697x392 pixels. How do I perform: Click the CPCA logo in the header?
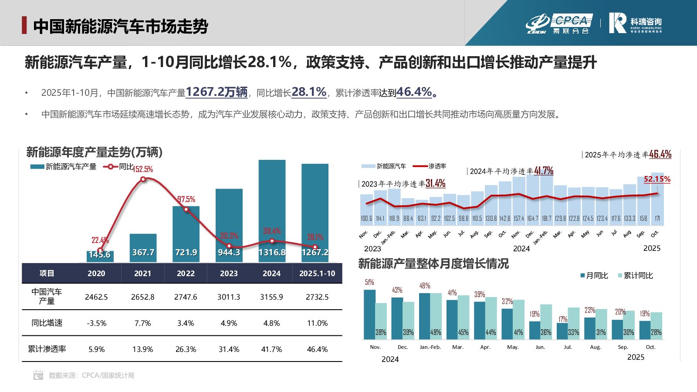coord(559,24)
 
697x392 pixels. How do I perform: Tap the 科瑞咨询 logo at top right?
coord(635,23)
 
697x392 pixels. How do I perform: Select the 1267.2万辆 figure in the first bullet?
coord(217,92)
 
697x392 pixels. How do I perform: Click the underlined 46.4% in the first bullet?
coord(414,92)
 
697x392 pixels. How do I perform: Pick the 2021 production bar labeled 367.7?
coord(143,248)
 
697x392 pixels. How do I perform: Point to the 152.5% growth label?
coord(143,169)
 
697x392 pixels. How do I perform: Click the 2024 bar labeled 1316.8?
coord(272,211)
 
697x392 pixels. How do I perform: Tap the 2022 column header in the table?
coord(186,274)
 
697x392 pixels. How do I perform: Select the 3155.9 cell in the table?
coord(271,297)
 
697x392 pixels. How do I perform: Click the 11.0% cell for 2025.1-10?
coord(317,323)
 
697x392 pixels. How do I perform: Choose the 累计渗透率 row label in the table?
coord(47,349)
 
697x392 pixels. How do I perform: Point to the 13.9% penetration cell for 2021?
coord(142,349)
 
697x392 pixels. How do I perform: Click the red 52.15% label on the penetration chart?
coord(657,179)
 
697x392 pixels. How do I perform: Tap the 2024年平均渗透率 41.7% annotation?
coord(511,171)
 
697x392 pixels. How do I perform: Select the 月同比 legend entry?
coord(594,276)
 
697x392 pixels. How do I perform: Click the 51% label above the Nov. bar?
coord(369,282)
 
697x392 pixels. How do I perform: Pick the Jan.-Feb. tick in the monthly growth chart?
coord(430,347)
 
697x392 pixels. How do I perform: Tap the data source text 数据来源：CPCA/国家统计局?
coord(91,375)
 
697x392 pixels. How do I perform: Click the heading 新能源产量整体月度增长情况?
coord(433,264)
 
